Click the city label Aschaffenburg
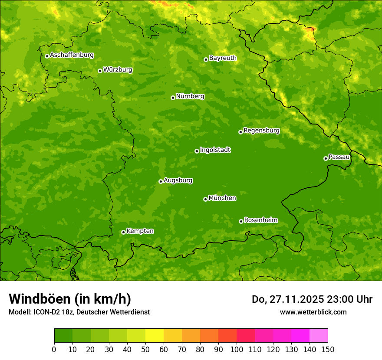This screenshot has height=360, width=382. tap(72, 55)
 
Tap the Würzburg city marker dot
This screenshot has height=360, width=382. tap(100, 71)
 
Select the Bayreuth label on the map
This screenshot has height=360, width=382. tap(223, 58)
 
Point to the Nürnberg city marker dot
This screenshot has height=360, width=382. tap(173, 98)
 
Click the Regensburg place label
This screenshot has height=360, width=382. tap(261, 131)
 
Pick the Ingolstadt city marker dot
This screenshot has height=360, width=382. tap(197, 151)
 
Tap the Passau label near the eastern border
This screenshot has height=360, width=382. tap(339, 157)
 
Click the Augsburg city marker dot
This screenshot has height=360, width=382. tap(161, 181)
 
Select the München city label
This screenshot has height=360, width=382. tap(222, 198)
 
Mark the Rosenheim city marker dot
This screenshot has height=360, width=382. tap(241, 221)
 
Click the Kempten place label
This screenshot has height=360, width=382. tap(140, 231)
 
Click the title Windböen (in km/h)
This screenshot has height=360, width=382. tap(70, 299)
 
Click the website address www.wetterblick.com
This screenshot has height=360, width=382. tap(313, 312)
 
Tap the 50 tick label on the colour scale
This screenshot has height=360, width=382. tap(145, 350)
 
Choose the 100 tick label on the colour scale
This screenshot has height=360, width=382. tap(237, 350)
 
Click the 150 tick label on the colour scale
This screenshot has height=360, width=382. tap(328, 350)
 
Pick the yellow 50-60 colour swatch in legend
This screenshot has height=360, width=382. tap(155, 336)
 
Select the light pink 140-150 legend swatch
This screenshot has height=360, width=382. tap(319, 336)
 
